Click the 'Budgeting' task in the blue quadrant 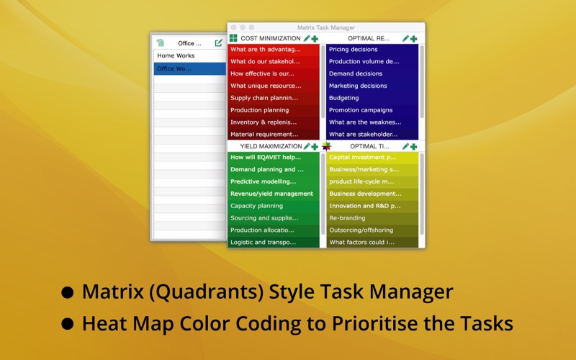(x=344, y=98)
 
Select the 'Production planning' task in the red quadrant (x=260, y=110)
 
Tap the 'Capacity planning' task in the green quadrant (x=257, y=206)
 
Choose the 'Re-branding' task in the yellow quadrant (x=347, y=218)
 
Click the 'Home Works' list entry (x=176, y=55)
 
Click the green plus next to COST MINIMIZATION (x=315, y=39)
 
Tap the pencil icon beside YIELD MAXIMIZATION (x=307, y=146)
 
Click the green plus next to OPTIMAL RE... (x=413, y=39)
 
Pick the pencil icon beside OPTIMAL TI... (x=405, y=146)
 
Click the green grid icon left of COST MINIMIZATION (x=233, y=38)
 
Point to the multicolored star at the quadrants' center (x=326, y=146)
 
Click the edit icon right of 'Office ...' (x=219, y=43)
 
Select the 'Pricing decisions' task (x=354, y=50)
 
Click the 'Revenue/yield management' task (x=272, y=194)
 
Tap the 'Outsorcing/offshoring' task (x=361, y=230)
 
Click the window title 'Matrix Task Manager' (x=326, y=27)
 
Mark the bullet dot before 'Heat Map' (x=68, y=324)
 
